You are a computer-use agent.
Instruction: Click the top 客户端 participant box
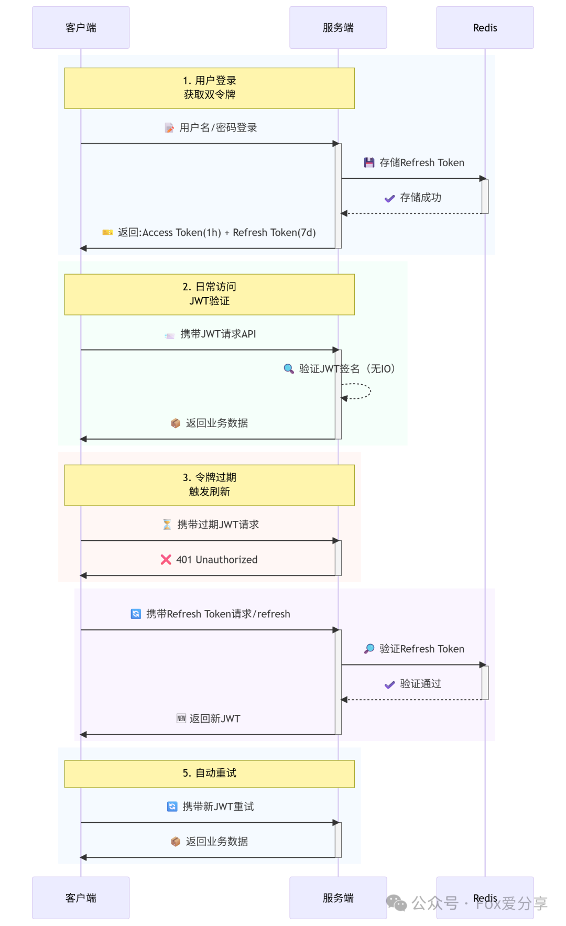tap(81, 28)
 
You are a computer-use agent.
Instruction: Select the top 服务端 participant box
tap(338, 28)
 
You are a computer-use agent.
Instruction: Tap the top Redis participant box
tap(485, 28)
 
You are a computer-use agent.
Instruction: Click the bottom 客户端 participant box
tap(81, 898)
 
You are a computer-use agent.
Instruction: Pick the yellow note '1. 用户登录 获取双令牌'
tap(209, 88)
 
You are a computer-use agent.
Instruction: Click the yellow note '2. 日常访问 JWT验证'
tap(209, 294)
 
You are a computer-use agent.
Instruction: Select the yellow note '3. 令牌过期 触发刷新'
tap(209, 485)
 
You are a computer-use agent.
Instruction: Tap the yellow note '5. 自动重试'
tap(209, 774)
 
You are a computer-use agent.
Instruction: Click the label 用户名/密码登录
tap(218, 128)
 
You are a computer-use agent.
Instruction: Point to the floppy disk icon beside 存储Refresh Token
tap(369, 163)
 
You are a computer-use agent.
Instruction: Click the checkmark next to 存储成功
tap(389, 198)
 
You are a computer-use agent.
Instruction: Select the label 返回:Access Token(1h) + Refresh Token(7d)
tap(216, 233)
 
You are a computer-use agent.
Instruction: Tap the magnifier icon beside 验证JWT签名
tap(288, 369)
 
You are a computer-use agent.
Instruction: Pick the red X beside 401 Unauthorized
tap(166, 560)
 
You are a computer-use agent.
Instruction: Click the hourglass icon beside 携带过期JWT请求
tap(167, 525)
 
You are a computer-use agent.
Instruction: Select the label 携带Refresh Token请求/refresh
tap(218, 614)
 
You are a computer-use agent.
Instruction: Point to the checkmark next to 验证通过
tap(389, 684)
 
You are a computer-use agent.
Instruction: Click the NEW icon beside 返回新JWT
tap(181, 718)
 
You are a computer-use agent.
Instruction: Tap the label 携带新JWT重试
tap(218, 807)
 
